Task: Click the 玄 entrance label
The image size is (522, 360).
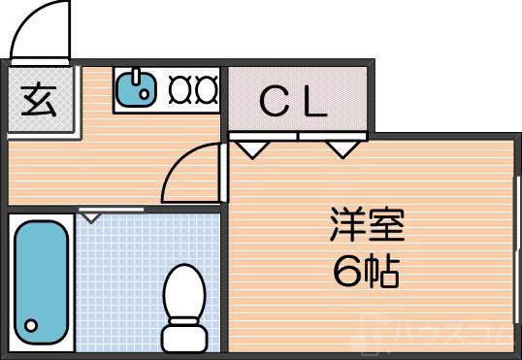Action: point(39,101)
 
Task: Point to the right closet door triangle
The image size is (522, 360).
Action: point(340,148)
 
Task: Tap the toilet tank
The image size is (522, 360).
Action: point(184,338)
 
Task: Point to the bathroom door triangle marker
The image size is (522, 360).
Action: point(91,215)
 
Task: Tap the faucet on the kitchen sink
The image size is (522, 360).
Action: point(138,78)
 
